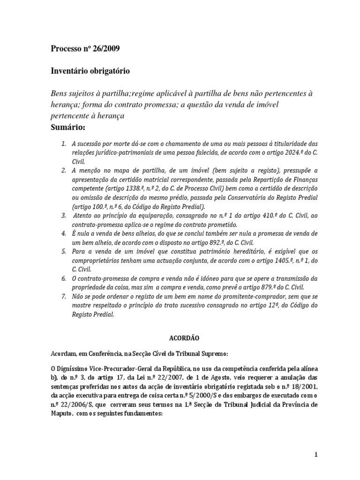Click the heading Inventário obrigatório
pyautogui.click(x=90, y=71)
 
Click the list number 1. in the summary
pyautogui.click(x=64, y=143)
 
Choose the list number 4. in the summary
pyautogui.click(x=64, y=233)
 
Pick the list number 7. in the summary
pyautogui.click(x=64, y=297)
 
